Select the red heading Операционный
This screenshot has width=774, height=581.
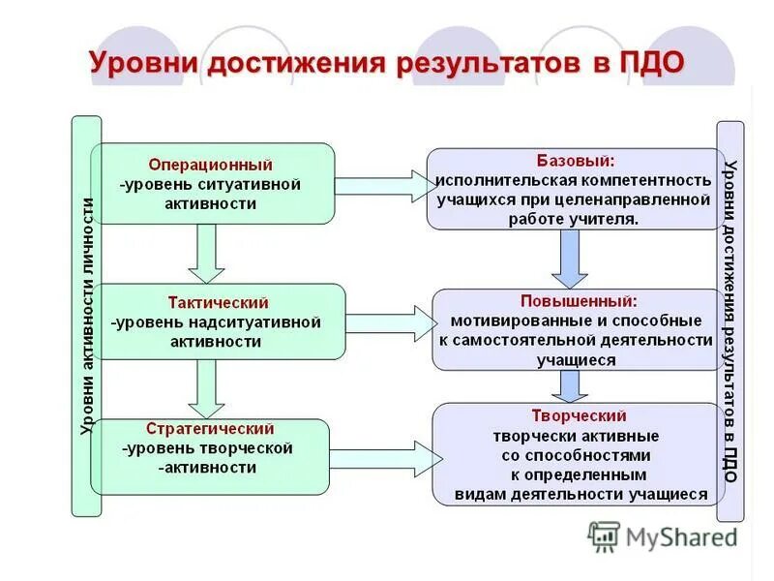pos(210,165)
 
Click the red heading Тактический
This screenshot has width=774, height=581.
pos(218,303)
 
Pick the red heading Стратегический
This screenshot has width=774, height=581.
pos(210,428)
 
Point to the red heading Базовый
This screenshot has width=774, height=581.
pos(576,160)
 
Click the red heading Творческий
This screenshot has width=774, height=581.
pos(576,415)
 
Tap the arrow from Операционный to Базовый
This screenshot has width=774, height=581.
pos(381,184)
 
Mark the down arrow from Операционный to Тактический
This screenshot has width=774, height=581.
pos(205,252)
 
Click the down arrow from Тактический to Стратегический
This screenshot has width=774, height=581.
pos(205,387)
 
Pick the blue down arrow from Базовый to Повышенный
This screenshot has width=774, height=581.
pos(570,258)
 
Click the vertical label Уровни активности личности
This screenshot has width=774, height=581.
pos(86,315)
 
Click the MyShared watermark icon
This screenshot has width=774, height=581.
pos(604,536)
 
